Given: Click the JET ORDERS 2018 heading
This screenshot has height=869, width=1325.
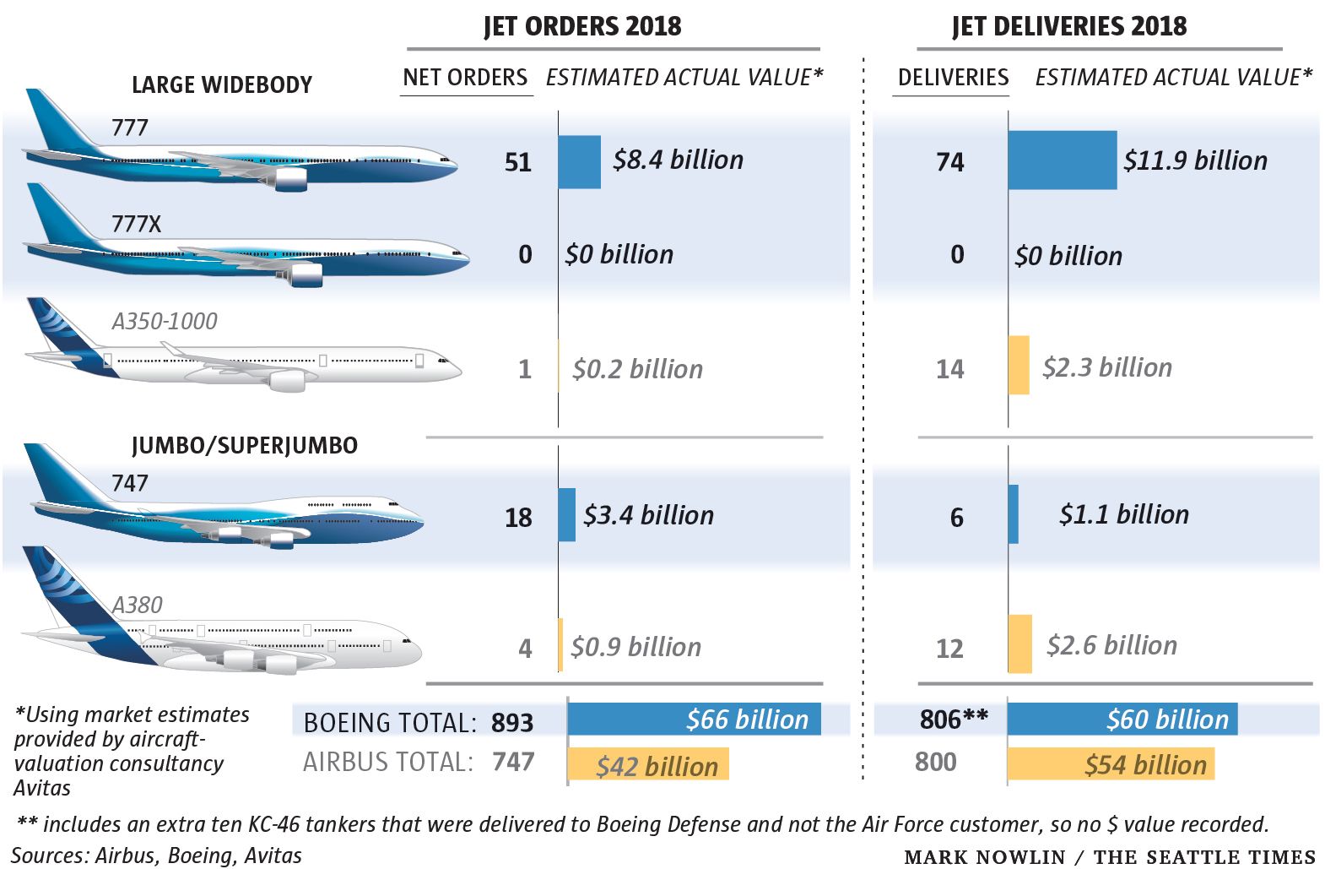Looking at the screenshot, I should point(582,26).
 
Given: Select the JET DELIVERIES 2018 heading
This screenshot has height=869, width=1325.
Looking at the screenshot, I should point(1069,26).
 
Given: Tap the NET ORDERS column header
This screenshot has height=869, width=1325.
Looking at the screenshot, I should point(465,78).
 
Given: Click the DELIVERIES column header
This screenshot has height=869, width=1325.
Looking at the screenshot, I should point(953,78).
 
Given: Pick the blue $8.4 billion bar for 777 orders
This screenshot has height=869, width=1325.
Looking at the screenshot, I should point(580,161).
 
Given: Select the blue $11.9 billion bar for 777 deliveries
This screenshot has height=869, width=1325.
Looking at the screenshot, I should point(1063,160).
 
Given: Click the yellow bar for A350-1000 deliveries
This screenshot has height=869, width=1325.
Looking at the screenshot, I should point(1019,365).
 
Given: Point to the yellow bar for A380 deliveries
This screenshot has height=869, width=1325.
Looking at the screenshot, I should point(1020,644).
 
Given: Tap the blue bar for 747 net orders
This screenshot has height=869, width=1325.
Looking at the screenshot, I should point(567,514).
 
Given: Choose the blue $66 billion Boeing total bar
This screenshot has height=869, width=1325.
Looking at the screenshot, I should point(694,719).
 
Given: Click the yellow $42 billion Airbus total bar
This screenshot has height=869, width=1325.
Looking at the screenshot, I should point(648,764).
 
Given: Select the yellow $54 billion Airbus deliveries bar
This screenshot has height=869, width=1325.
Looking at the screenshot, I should point(1111,764).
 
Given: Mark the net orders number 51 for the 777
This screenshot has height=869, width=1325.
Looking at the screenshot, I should point(518,162).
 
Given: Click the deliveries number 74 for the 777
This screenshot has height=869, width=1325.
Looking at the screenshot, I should point(950,162).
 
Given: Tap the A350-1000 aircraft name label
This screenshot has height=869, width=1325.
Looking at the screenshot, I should point(165,321).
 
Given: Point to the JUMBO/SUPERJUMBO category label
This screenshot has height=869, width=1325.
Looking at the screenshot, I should point(245,445).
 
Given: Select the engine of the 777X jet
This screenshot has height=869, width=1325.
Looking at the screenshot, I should point(306,274).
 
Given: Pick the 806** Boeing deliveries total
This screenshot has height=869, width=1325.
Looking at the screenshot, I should point(954,720).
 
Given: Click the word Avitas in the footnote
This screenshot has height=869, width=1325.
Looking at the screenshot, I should point(42,788).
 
